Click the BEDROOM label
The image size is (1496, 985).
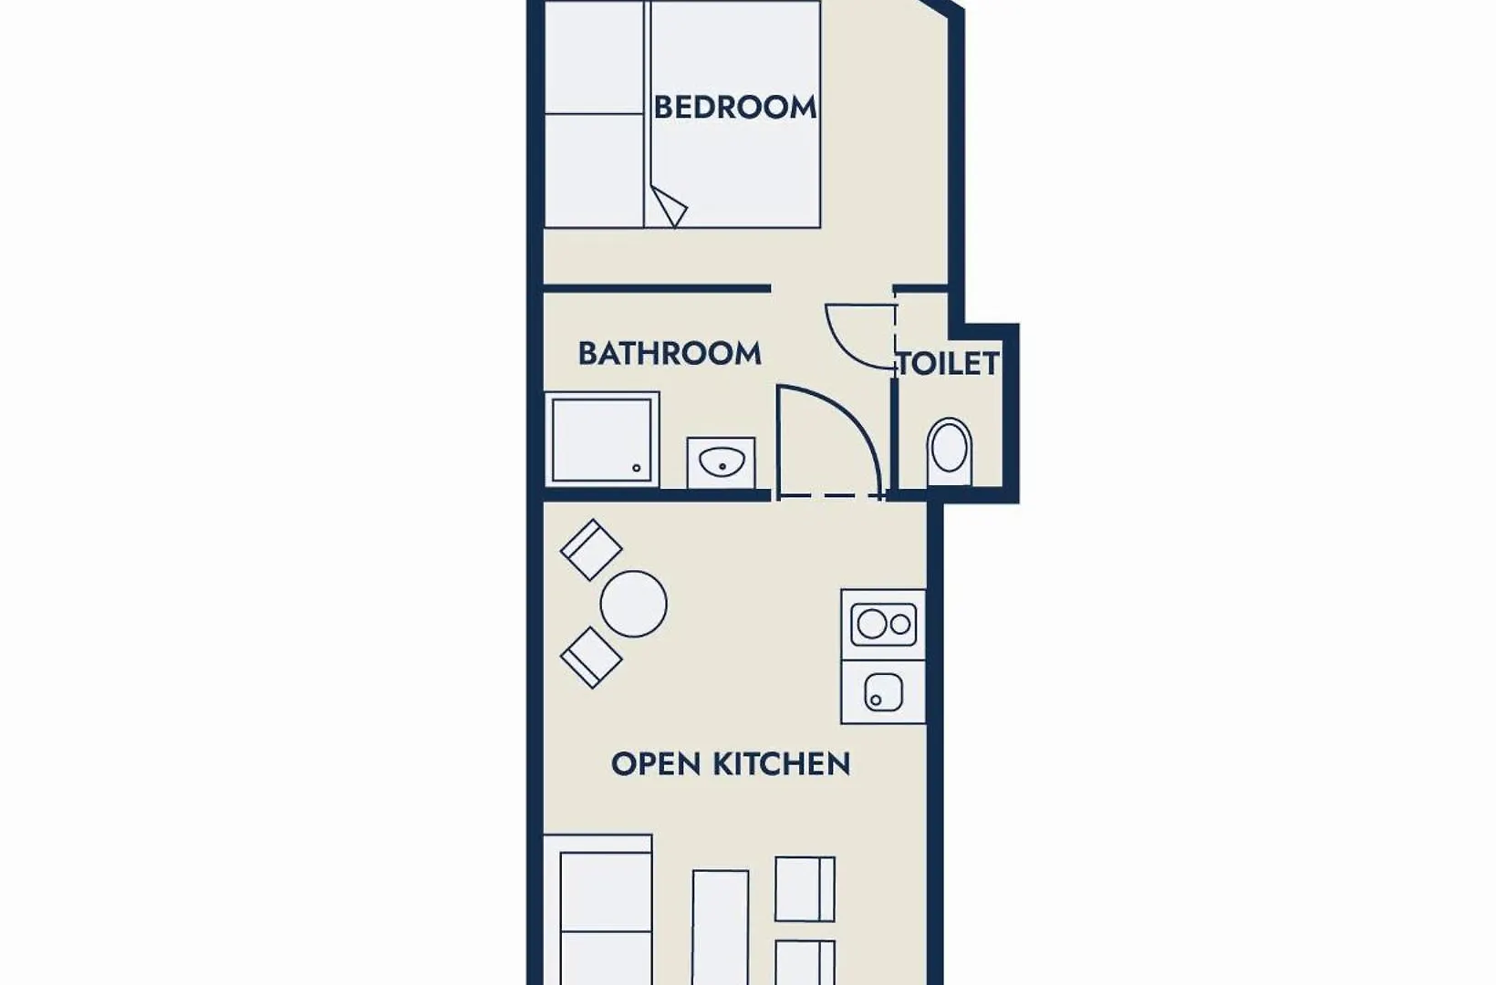(734, 108)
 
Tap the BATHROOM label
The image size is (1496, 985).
(670, 353)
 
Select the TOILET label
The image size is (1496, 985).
(949, 364)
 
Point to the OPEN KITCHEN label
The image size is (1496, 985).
(731, 764)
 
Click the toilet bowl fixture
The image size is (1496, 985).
(949, 451)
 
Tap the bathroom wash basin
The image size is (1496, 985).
(722, 462)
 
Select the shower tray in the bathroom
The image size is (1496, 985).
(602, 440)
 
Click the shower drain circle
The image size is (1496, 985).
(637, 468)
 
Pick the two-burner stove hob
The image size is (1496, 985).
(883, 625)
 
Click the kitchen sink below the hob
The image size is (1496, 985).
(883, 692)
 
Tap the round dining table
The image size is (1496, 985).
(633, 604)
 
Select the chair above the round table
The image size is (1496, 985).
(591, 550)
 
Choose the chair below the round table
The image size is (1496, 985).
(591, 658)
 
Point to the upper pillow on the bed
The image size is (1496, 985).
(595, 57)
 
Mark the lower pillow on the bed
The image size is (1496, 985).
(595, 171)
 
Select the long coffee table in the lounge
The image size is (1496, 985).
(720, 928)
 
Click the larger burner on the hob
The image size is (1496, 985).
(872, 625)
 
